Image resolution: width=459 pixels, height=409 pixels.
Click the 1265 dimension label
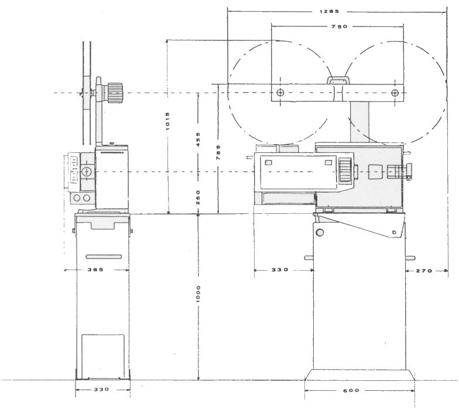point(329,12)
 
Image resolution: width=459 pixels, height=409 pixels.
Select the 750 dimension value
point(340,26)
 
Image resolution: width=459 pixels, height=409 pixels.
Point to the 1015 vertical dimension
point(167,121)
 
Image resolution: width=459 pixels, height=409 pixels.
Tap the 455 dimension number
point(198,139)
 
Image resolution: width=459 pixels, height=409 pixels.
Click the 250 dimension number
point(198,197)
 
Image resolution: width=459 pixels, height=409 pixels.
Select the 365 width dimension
point(95,270)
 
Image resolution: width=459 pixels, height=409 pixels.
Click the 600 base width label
point(351,390)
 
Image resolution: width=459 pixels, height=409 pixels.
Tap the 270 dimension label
point(424,271)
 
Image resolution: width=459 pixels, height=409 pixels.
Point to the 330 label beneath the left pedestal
point(101,389)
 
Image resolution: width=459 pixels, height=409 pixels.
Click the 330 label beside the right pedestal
point(280,270)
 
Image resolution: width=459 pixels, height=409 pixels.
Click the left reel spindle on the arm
point(280,93)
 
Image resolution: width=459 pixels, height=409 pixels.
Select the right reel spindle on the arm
point(395,93)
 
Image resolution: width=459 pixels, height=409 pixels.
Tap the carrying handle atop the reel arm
point(338,80)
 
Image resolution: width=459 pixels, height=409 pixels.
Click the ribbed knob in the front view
point(115,93)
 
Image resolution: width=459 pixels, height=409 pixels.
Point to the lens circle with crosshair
point(87,172)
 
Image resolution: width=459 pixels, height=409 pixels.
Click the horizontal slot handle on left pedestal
point(104,257)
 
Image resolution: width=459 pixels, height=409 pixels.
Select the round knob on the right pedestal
point(320,233)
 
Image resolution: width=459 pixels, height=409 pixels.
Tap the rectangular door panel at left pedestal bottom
point(103,356)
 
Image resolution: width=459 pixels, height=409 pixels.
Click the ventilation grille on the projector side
point(345,171)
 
